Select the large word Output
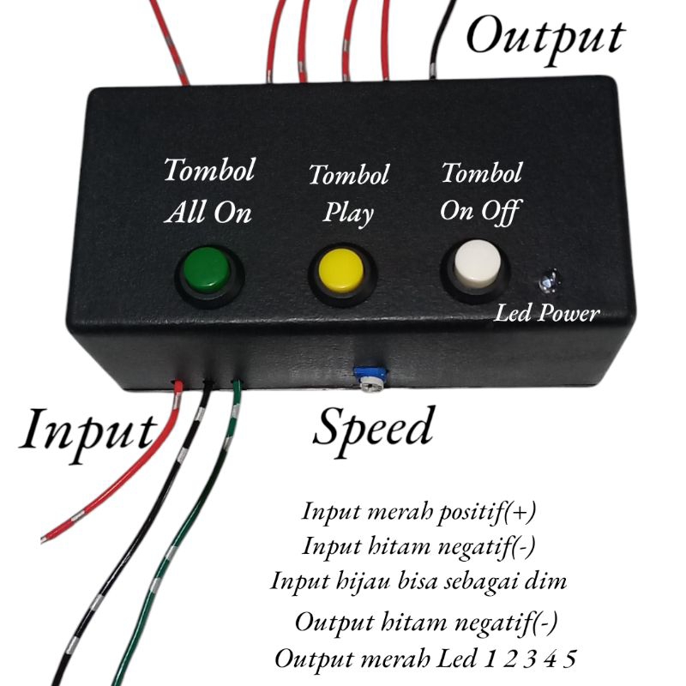[x=545, y=36]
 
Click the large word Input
[x=87, y=429]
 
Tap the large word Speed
[x=374, y=426]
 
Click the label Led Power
[x=546, y=314]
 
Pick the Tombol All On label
[x=209, y=190]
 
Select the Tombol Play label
[x=348, y=193]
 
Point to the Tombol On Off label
[x=481, y=191]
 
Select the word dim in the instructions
[x=549, y=581]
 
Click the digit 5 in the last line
[x=569, y=659]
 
